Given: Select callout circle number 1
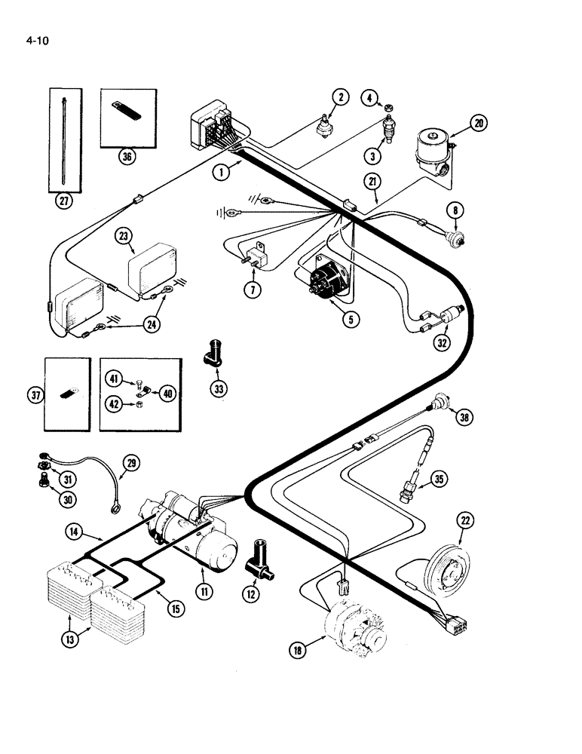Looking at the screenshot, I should (220, 173).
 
